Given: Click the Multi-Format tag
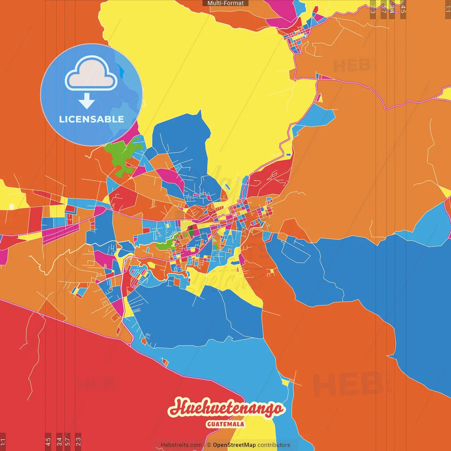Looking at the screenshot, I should point(225,3).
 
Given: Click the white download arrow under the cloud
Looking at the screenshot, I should point(87,101).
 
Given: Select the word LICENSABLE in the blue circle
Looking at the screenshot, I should point(91,119).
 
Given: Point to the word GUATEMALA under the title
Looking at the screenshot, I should point(225,424).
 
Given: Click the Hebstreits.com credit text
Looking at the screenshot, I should point(181,445).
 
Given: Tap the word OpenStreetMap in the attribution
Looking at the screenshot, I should point(234,445).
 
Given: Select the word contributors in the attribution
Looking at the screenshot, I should point(274,445).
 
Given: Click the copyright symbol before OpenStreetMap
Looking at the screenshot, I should point(209,445).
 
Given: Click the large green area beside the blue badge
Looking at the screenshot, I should point(122,155).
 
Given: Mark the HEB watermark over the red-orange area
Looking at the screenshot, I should point(347,384).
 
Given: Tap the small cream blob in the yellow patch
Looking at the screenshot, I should point(12,206).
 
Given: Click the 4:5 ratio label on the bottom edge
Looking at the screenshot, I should point(48,441).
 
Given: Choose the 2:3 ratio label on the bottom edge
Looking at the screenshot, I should point(78,441).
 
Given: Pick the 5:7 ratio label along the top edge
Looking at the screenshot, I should point(384,9).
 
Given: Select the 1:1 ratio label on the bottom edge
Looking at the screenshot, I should point(3,441).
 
